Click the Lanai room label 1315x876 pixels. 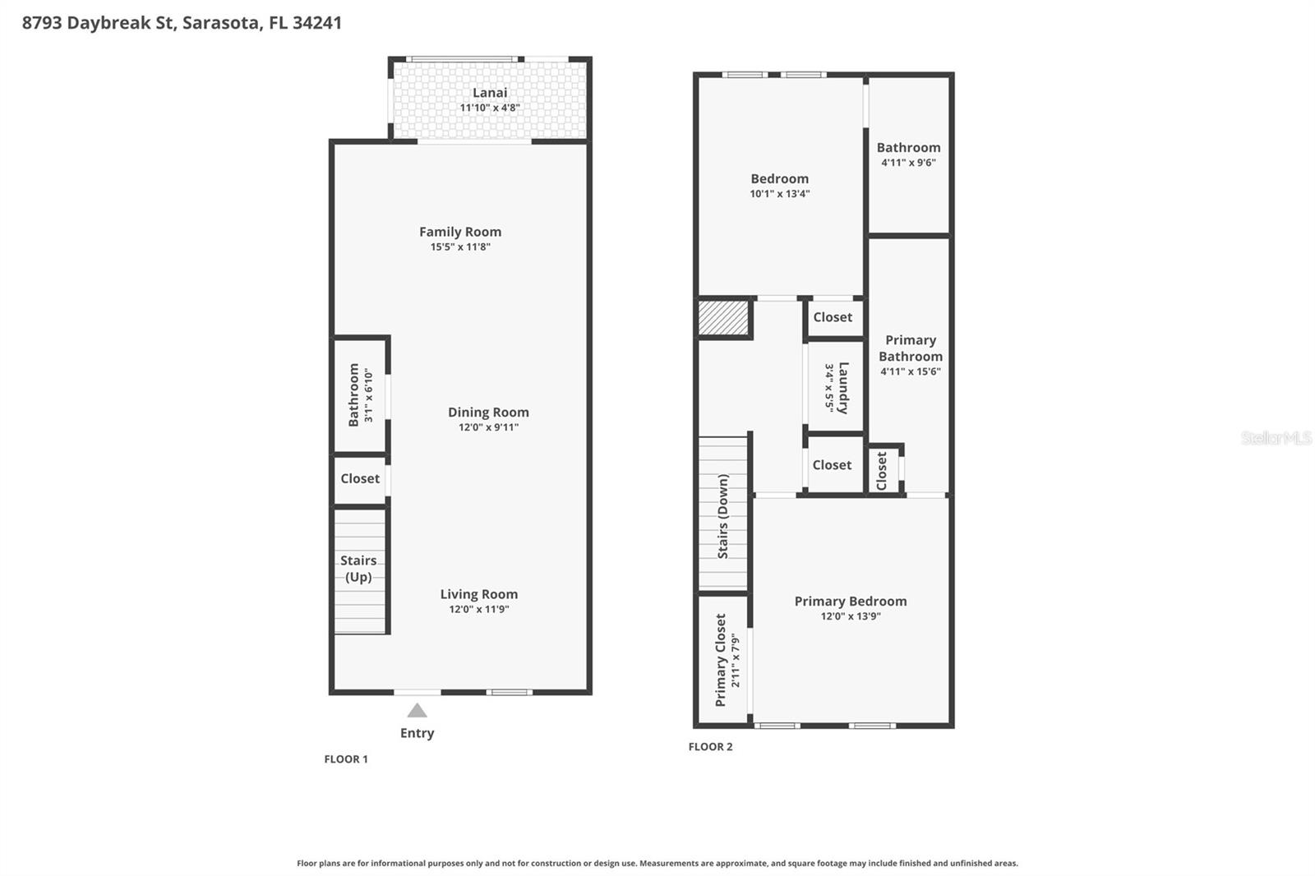pyautogui.click(x=489, y=93)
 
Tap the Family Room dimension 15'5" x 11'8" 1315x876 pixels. pyautogui.click(x=460, y=247)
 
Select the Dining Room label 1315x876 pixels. pyautogui.click(x=488, y=412)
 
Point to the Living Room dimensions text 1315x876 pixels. pyautogui.click(x=478, y=609)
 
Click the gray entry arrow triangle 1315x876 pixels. pyautogui.click(x=418, y=710)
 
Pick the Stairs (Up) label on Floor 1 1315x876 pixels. pyautogui.click(x=358, y=569)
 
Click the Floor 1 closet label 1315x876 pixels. pyautogui.click(x=360, y=478)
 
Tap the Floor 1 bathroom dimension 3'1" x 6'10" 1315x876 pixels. pyautogui.click(x=368, y=395)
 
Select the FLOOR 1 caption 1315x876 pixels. pyautogui.click(x=346, y=758)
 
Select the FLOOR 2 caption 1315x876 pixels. pyautogui.click(x=710, y=746)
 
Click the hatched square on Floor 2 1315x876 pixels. pyautogui.click(x=723, y=318)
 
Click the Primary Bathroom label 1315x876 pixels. pyautogui.click(x=910, y=348)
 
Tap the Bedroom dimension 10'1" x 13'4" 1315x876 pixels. pyautogui.click(x=779, y=194)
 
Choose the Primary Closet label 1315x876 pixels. pyautogui.click(x=721, y=660)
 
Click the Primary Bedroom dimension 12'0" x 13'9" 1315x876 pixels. pyautogui.click(x=851, y=616)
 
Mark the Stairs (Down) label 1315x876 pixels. pyautogui.click(x=723, y=516)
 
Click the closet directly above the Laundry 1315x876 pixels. pyautogui.click(x=833, y=317)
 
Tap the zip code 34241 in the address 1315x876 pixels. pyautogui.click(x=316, y=23)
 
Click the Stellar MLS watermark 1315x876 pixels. pyautogui.click(x=1276, y=438)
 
